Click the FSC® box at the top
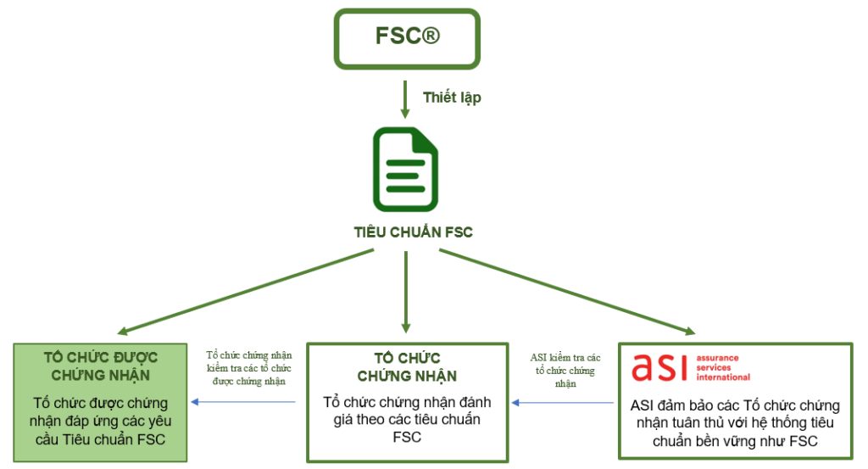[x=407, y=38]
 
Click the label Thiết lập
[x=452, y=98]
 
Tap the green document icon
[x=406, y=169]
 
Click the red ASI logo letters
[x=660, y=366]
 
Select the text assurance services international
[x=722, y=368]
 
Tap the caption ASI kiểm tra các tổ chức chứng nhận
[x=565, y=370]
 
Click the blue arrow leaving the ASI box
[x=564, y=403]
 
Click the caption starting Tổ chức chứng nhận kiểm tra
[x=247, y=367]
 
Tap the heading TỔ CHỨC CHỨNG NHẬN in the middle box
[x=407, y=367]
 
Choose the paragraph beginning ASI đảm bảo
[x=735, y=423]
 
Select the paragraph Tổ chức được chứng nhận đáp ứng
[x=101, y=421]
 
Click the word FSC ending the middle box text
[x=407, y=438]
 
